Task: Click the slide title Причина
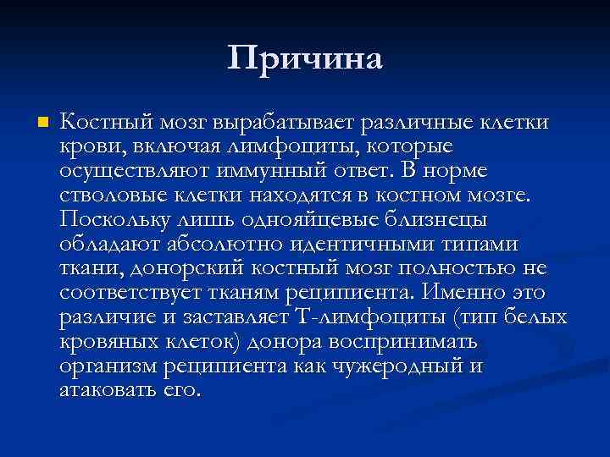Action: tap(305, 59)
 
